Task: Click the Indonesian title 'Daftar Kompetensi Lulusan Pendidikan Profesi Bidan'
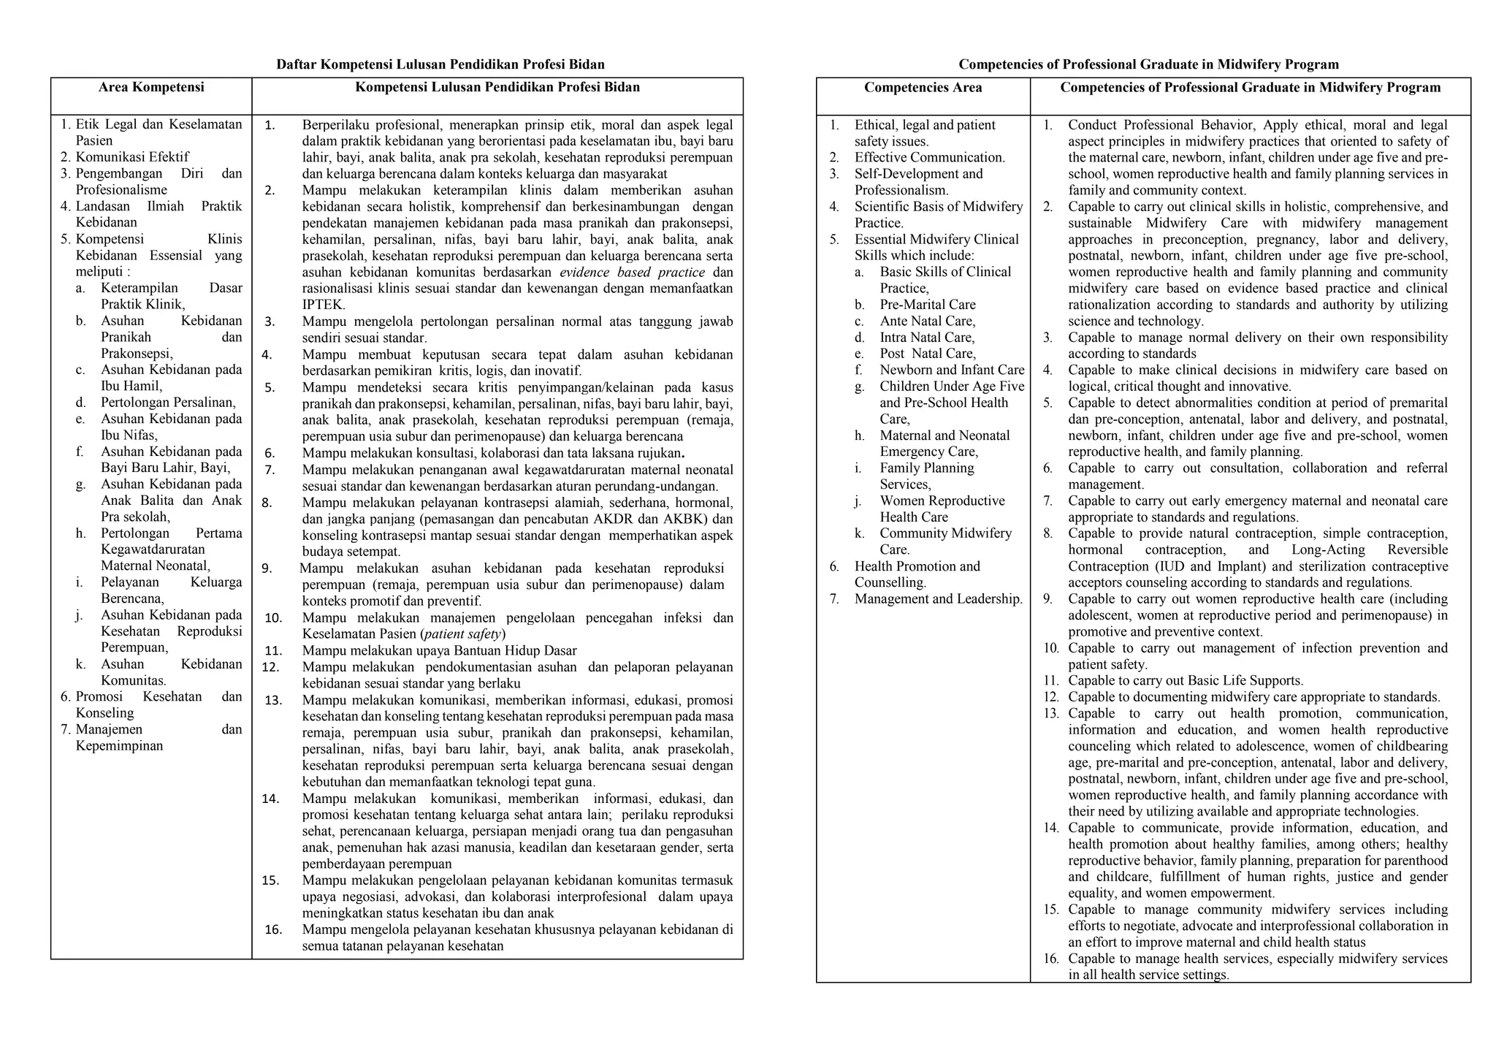[x=440, y=64]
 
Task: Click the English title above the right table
[x=1148, y=64]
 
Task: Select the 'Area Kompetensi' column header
[x=151, y=88]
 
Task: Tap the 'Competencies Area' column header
[x=923, y=88]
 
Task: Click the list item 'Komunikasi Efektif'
[x=132, y=157]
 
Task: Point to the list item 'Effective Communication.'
[x=929, y=157]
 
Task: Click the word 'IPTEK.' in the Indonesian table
[x=324, y=305]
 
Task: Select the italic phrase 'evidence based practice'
[x=632, y=273]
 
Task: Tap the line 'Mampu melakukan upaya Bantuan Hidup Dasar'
[x=439, y=650]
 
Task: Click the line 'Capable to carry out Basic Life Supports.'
[x=1186, y=680]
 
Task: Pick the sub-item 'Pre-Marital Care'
[x=928, y=305]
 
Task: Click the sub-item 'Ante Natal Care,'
[x=928, y=321]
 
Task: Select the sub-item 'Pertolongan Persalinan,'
[x=168, y=403]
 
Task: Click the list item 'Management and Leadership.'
[x=939, y=599]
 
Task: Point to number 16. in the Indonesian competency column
[x=273, y=929]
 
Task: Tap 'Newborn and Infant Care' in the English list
[x=952, y=370]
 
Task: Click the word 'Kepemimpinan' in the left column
[x=119, y=746]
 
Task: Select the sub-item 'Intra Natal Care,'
[x=927, y=338]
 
